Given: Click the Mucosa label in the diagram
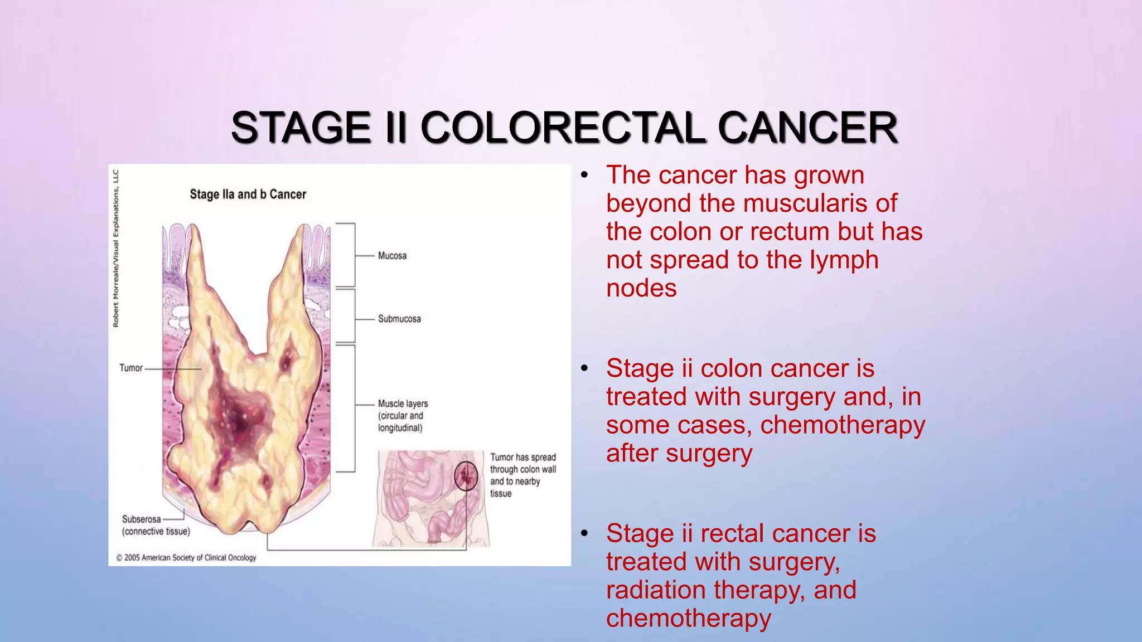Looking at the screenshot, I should tap(392, 256).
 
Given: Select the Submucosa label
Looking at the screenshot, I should tap(399, 319).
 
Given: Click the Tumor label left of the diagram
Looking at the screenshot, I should tap(131, 368).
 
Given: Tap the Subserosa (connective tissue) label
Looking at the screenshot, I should tap(156, 525).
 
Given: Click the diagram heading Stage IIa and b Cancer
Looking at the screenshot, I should tap(248, 194).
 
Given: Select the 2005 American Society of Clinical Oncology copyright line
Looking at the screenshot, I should tap(186, 557).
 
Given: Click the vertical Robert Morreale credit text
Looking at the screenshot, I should tap(116, 248).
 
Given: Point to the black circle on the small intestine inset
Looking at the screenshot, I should tap(466, 476).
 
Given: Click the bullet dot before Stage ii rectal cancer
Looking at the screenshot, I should tap(584, 534).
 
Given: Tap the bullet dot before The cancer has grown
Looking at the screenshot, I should tap(584, 176).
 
